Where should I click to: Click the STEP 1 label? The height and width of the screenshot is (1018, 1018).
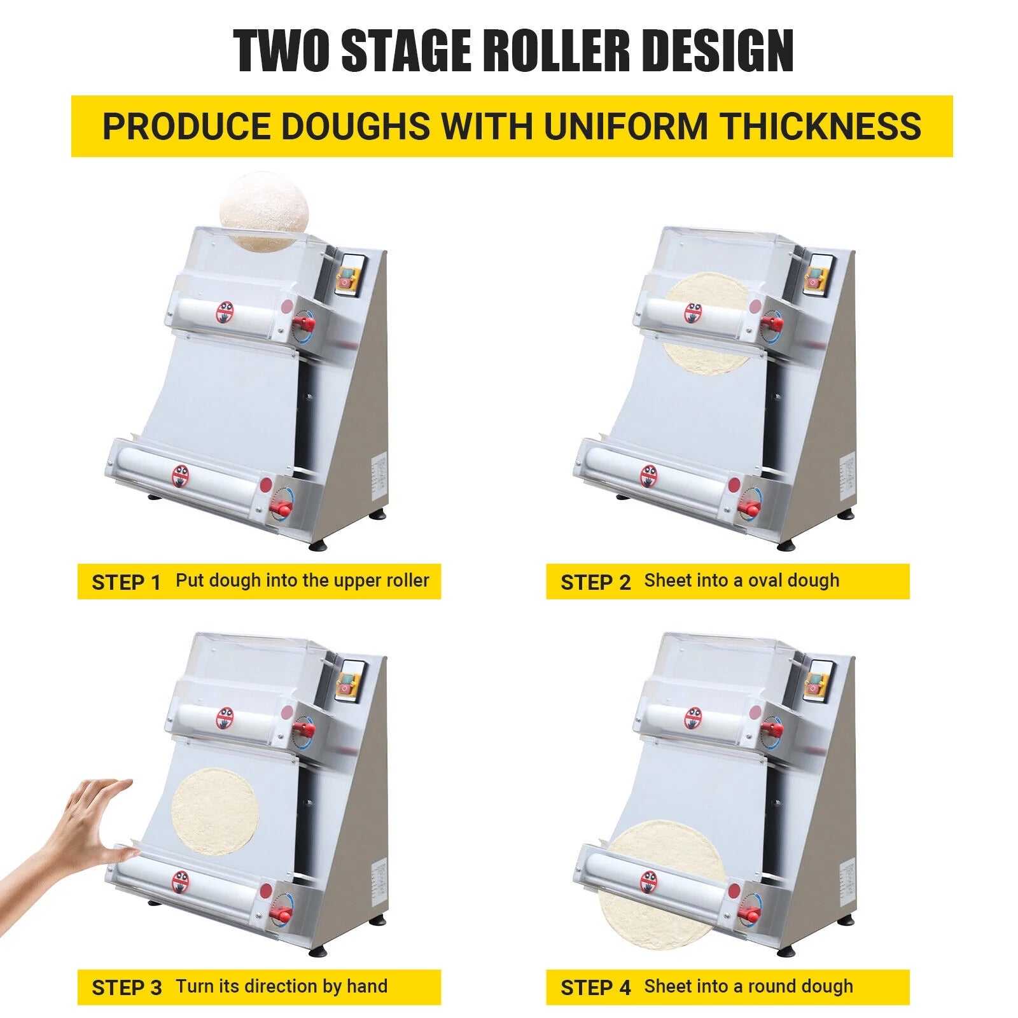(126, 582)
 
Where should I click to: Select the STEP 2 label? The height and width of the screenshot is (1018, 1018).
(595, 582)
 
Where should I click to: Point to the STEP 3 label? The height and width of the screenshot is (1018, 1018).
(127, 987)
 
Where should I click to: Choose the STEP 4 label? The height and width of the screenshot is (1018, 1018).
(596, 987)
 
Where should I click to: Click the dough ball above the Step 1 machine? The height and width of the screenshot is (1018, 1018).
(265, 211)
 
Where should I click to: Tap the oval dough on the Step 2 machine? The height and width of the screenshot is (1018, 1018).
(707, 323)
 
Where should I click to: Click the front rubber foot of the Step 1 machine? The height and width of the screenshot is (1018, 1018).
(318, 545)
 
